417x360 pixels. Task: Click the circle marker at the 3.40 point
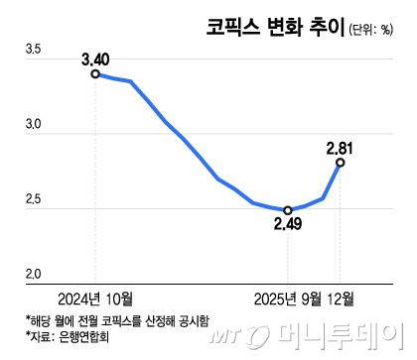(x=95, y=73)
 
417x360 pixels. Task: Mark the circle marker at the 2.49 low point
(x=288, y=210)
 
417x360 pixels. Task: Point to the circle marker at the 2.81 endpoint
(x=341, y=163)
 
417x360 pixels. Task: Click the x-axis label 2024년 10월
(x=95, y=297)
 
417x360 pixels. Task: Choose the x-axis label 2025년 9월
(x=287, y=297)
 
